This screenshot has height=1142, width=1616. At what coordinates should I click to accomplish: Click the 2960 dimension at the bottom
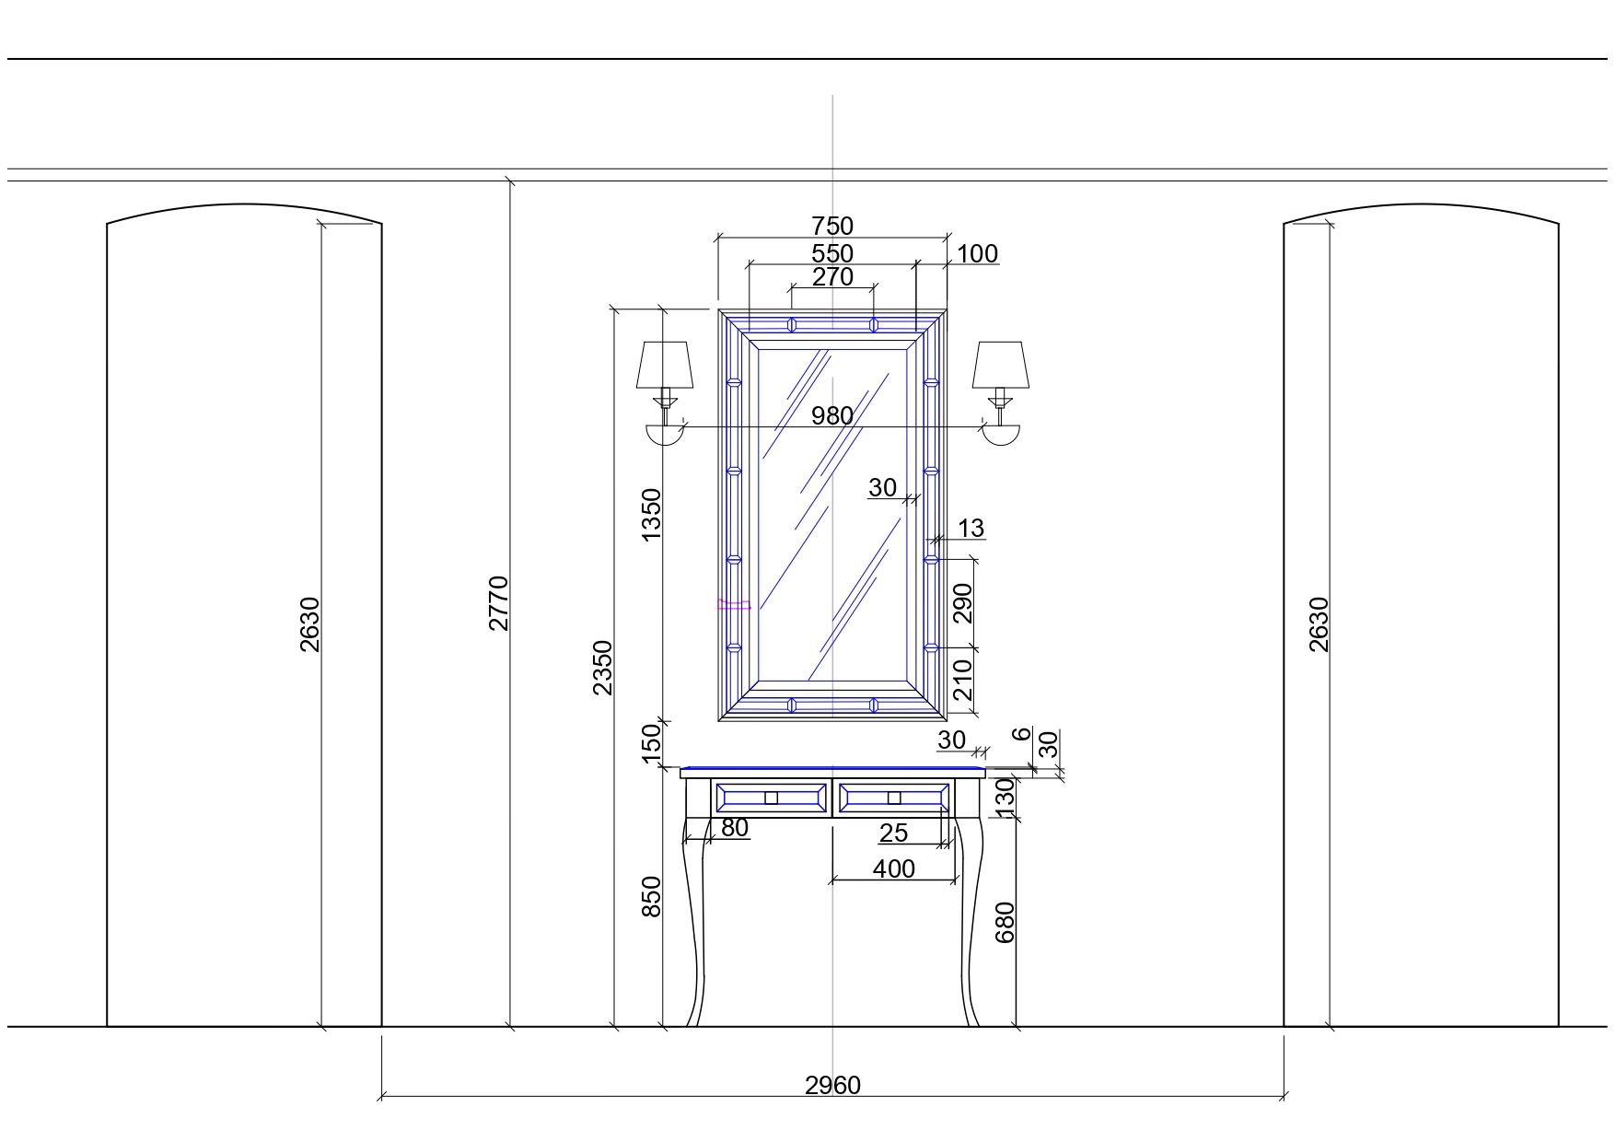click(832, 1086)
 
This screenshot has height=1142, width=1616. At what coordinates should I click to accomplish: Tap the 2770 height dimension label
click(498, 603)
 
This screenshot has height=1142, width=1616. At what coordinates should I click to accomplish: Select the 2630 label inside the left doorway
click(309, 624)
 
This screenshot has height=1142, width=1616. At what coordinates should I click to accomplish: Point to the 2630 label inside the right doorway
click(1319, 624)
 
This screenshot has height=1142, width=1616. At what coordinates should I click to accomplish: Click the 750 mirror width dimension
click(832, 226)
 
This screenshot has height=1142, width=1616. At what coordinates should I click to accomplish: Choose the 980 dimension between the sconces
click(832, 416)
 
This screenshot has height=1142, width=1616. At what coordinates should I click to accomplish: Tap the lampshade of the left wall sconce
click(664, 366)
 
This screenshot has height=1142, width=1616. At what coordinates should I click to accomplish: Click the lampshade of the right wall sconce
click(1001, 366)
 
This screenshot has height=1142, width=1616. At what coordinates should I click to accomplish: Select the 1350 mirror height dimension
click(651, 515)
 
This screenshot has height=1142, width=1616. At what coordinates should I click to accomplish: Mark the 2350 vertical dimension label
click(602, 668)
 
